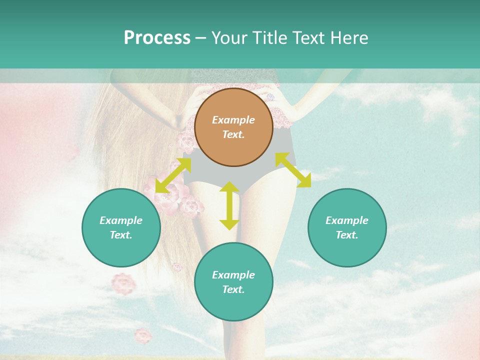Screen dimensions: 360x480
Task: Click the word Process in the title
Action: (157, 38)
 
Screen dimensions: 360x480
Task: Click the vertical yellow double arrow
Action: (229, 205)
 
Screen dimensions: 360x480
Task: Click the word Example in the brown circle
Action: (233, 120)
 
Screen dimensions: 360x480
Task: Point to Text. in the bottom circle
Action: (233, 289)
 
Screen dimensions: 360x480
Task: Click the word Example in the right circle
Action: (347, 220)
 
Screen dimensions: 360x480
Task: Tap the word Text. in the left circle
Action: (121, 235)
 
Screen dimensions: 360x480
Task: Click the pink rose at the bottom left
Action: (143, 335)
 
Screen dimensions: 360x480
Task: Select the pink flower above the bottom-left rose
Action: (123, 283)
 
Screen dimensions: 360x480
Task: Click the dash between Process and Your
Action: (201, 38)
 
